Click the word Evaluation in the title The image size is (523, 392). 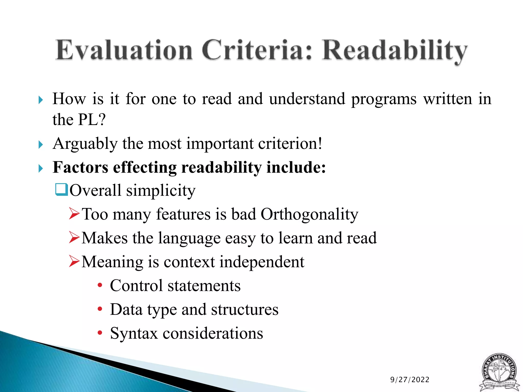coord(124,50)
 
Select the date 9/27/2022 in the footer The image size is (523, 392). coord(410,380)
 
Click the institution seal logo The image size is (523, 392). coord(499,372)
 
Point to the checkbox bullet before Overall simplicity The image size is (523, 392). coord(61,190)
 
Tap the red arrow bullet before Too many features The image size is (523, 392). coord(74,214)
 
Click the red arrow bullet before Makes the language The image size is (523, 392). coord(74,237)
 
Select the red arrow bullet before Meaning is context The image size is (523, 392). coord(74,261)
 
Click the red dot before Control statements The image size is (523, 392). coord(100,285)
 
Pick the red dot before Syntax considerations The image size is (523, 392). coord(100,333)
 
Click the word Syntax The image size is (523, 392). coord(134,333)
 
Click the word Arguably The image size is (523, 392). coord(85,144)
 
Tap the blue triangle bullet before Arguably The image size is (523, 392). coord(41,145)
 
